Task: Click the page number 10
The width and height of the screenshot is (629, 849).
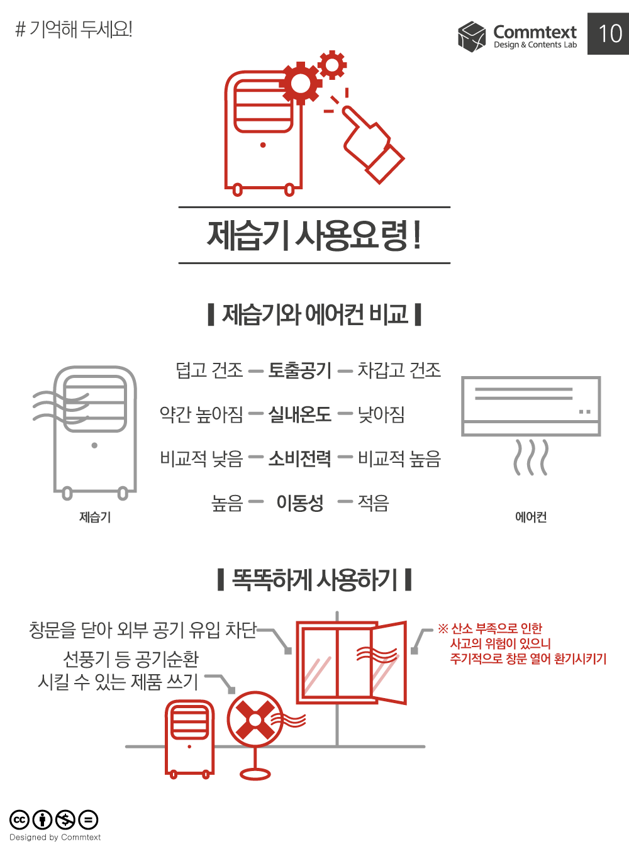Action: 610,33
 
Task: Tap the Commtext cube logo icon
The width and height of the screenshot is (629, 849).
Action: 472,36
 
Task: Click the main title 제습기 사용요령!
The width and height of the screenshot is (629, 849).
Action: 314,235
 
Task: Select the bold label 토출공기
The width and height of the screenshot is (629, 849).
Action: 300,370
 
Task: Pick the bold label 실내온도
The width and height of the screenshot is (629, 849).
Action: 300,414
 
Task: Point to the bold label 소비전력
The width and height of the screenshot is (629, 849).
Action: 300,458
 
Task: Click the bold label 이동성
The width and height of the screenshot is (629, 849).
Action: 300,502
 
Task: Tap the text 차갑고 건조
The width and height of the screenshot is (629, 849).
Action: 399,370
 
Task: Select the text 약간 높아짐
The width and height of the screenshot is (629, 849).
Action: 201,414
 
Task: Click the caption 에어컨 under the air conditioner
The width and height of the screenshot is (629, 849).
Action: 531,517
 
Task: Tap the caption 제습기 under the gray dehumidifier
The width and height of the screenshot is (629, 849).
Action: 95,517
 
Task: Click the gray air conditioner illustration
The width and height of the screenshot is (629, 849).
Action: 532,406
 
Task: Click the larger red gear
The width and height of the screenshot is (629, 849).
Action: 300,83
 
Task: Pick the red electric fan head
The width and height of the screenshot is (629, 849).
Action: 254,718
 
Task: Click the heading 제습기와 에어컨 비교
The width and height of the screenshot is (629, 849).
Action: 314,314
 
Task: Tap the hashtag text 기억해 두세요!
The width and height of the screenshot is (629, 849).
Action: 74,29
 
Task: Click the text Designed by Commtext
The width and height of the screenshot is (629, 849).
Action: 55,837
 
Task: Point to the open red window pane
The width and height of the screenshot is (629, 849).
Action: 388,663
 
